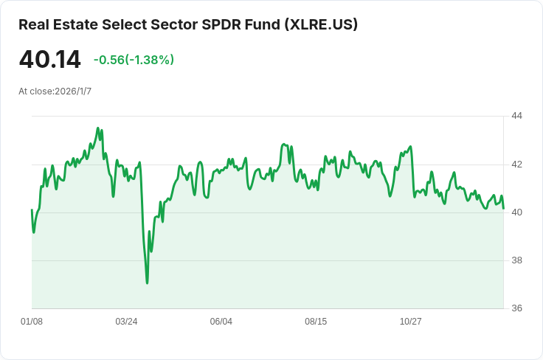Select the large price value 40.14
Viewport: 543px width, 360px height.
point(49,60)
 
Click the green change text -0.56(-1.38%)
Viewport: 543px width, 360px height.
point(134,60)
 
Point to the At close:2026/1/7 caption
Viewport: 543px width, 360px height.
point(55,91)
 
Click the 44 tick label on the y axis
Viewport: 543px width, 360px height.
point(516,116)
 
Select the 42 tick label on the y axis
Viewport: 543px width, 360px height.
point(516,164)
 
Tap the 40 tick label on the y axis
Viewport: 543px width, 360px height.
point(516,212)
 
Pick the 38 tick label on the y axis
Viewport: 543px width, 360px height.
point(516,260)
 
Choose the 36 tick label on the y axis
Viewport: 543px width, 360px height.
point(516,308)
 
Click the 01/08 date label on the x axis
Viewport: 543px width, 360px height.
point(32,322)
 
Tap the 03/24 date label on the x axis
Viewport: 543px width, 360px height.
point(126,322)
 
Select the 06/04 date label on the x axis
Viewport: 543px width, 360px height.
point(221,322)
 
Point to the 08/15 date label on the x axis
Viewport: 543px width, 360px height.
point(316,322)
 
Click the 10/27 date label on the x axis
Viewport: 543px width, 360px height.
point(410,322)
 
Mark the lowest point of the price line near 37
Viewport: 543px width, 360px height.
point(148,283)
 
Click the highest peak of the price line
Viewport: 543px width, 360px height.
point(98,128)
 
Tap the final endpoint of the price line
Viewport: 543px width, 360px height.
point(503,208)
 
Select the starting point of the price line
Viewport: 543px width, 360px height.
point(32,210)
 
